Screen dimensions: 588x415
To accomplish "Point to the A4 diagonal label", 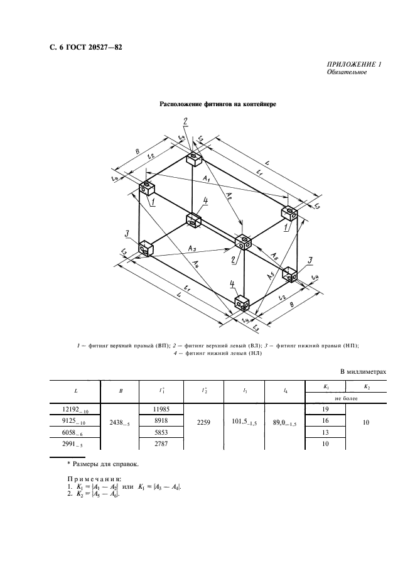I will pyautogui.click(x=198, y=263).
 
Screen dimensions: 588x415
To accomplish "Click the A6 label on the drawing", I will pyautogui.click(x=275, y=254).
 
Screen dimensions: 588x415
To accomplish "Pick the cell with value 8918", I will pyautogui.click(x=161, y=420).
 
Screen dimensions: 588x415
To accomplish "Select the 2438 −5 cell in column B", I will pyautogui.click(x=121, y=425).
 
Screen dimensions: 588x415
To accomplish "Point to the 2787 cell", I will pyautogui.click(x=161, y=445).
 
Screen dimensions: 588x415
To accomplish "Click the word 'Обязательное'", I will pyautogui.click(x=347, y=73).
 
